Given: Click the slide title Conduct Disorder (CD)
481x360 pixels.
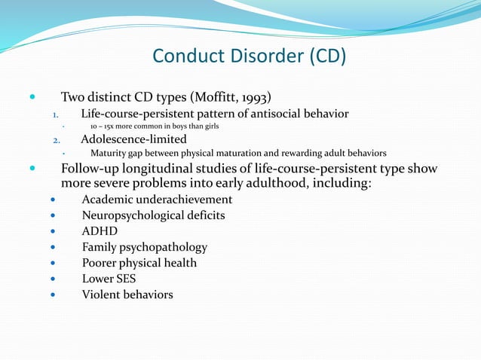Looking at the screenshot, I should click(x=249, y=56).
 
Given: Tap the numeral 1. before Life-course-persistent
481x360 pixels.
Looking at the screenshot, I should click(x=55, y=114).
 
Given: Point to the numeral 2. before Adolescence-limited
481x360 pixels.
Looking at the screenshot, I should click(x=55, y=140).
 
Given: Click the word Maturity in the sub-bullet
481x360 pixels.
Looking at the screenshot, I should click(x=104, y=152).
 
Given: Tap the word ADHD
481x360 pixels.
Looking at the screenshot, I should click(x=100, y=231).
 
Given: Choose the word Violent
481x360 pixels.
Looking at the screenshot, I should click(x=101, y=294).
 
